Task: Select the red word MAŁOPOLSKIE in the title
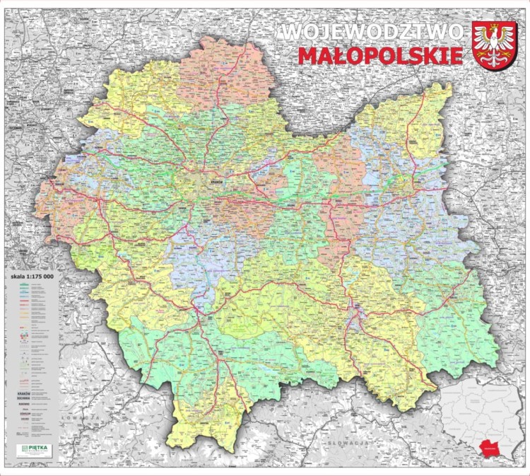pos(380,56)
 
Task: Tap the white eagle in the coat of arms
pos(493,45)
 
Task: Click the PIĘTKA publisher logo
pos(34,450)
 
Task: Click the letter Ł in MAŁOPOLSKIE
pos(343,56)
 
